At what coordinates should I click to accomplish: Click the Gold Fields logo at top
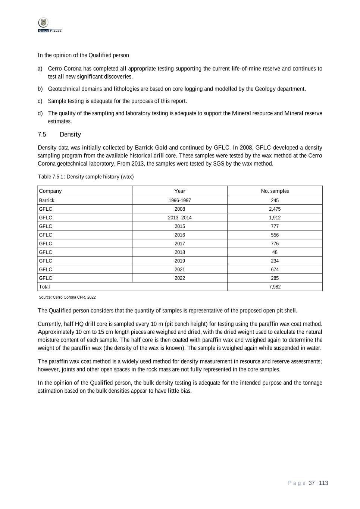(50, 25)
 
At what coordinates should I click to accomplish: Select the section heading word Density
(70, 134)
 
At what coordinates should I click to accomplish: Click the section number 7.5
(42, 134)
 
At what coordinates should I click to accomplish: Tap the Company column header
(50, 191)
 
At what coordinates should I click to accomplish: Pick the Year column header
(180, 191)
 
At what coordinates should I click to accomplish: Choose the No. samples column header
(275, 191)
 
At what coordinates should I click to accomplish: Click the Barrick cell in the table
(47, 200)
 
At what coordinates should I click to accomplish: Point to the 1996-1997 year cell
(180, 200)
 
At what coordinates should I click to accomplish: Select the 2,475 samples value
(275, 209)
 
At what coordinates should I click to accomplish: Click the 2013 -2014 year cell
(180, 218)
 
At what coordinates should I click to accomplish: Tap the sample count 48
(275, 252)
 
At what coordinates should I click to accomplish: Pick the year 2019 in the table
(180, 261)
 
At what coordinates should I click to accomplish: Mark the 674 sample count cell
(275, 269)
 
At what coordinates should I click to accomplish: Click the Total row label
(44, 287)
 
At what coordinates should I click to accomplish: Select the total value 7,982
(275, 287)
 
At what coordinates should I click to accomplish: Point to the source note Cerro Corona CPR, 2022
(67, 297)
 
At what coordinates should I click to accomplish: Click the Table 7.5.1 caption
(85, 177)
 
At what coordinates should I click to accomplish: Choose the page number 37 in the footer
(312, 483)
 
